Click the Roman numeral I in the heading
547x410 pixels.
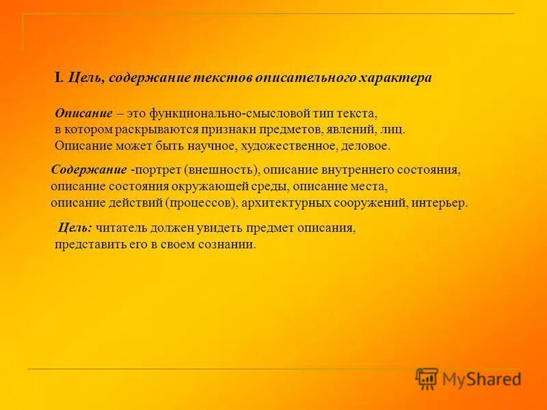pos(57,78)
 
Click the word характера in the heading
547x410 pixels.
pos(398,78)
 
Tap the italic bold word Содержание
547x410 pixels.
pos(89,169)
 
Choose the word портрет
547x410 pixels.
pos(155,169)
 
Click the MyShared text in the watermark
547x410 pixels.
pos(482,379)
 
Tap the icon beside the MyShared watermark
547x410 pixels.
pos(427,379)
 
